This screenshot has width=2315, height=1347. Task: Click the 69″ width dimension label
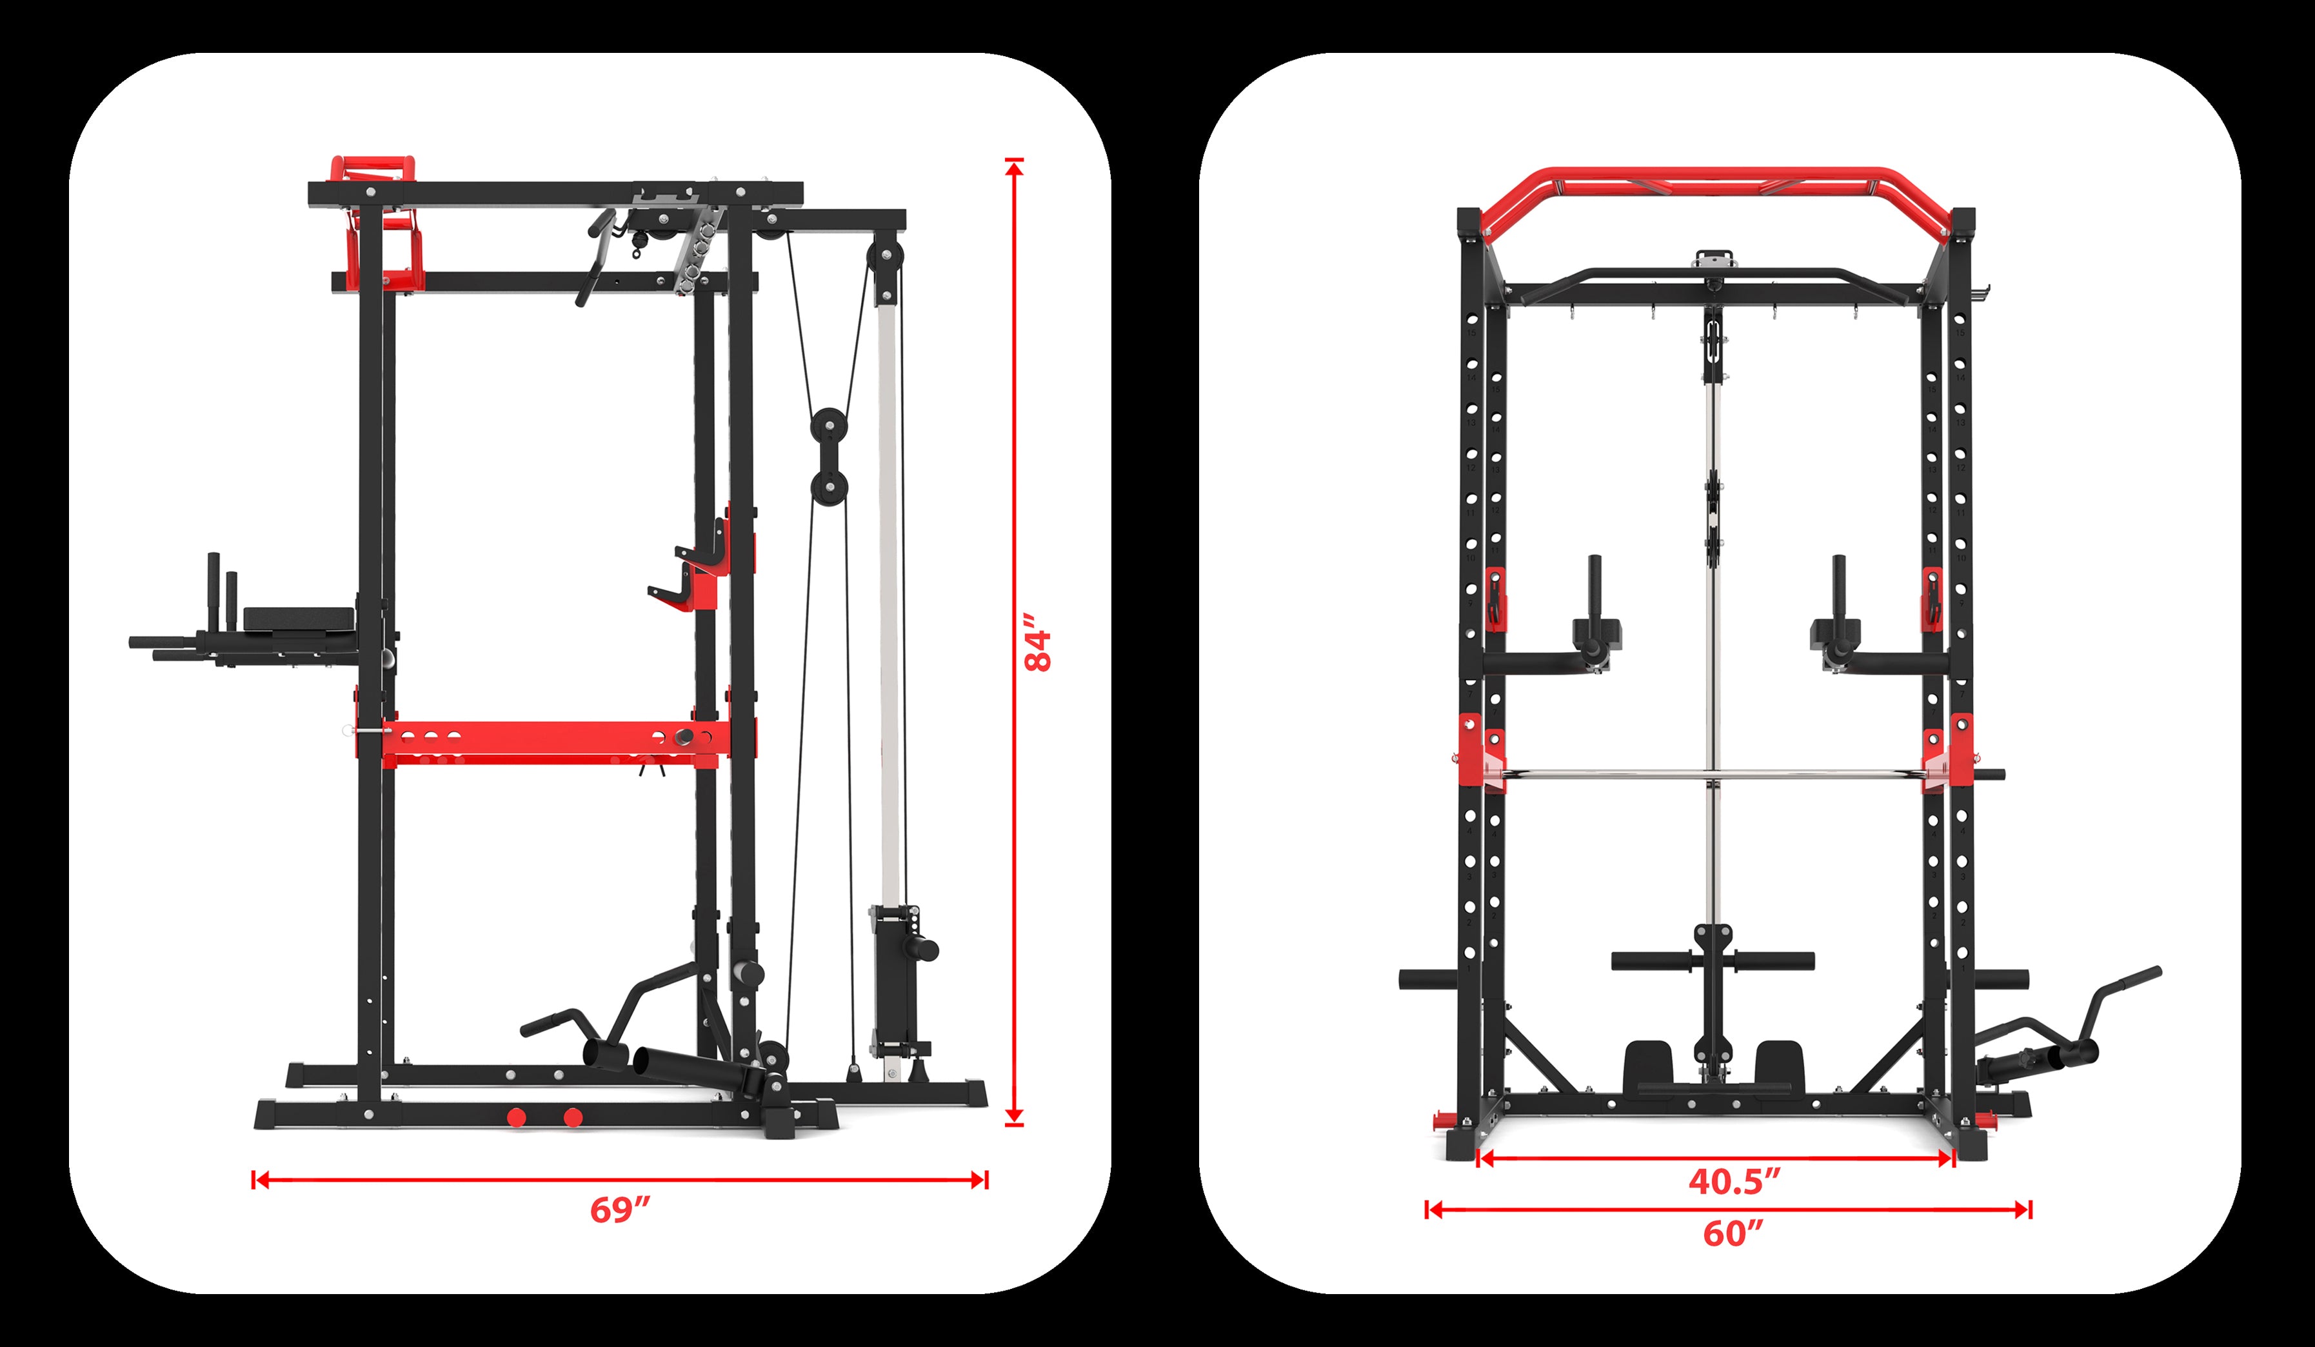point(620,1210)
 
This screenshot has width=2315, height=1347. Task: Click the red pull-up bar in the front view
point(1714,175)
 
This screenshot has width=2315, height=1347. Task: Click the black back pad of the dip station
point(299,621)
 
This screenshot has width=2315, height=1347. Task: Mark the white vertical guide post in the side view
point(888,597)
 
